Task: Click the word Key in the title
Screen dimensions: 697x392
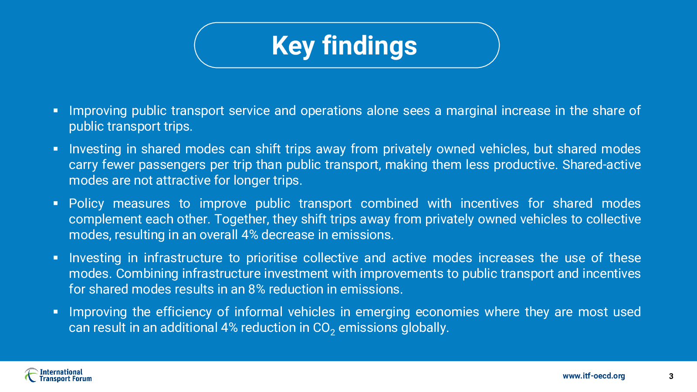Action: click(x=293, y=46)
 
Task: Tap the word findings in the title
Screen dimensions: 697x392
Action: click(x=369, y=46)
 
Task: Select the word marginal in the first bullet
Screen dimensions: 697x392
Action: click(x=471, y=111)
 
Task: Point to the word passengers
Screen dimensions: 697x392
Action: click(x=172, y=165)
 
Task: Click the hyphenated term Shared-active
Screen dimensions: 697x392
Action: click(x=602, y=165)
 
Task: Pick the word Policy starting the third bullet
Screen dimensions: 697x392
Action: click(x=87, y=204)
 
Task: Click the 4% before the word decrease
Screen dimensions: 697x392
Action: click(x=250, y=235)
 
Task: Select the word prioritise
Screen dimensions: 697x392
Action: click(x=272, y=258)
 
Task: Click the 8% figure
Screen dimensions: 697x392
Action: click(x=257, y=289)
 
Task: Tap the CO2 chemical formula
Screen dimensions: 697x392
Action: click(x=324, y=328)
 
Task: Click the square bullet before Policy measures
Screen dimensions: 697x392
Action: click(x=56, y=203)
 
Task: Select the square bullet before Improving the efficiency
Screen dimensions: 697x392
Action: click(x=56, y=312)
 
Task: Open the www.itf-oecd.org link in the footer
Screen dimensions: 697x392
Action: click(x=594, y=376)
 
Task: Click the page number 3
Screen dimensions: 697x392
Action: click(x=671, y=376)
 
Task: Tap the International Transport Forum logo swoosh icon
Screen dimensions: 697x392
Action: click(x=31, y=375)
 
